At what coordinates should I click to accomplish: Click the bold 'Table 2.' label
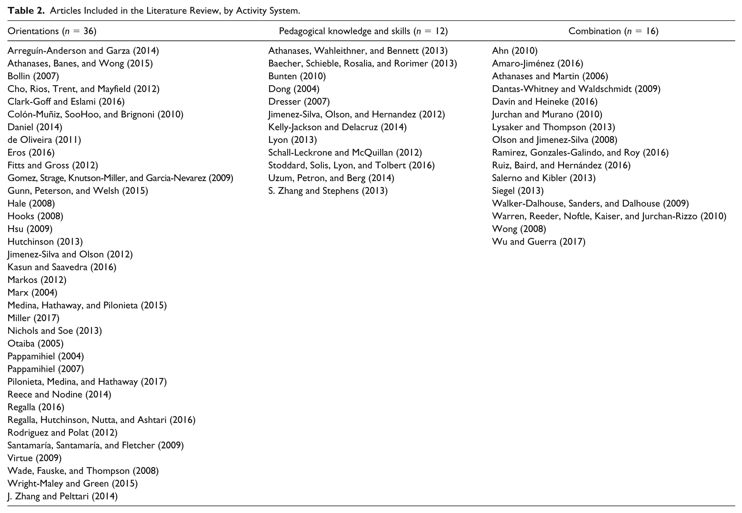26,11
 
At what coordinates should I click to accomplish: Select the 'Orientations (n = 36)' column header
52,31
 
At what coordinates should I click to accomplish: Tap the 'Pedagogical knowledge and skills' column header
345,31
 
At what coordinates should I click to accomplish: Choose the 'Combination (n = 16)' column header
613,31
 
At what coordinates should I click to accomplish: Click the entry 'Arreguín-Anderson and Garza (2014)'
83,51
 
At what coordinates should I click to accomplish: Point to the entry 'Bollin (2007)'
33,76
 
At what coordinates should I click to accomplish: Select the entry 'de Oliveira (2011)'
44,140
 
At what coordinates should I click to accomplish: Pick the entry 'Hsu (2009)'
30,229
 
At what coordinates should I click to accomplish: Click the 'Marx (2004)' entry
32,292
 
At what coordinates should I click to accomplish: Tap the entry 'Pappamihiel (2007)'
46,369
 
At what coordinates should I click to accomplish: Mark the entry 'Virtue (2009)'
34,458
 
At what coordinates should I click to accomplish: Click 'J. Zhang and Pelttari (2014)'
63,496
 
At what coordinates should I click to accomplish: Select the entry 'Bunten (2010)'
297,76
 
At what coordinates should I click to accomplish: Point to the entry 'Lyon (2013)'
293,140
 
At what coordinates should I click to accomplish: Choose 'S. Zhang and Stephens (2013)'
328,191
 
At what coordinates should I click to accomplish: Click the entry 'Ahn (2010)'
515,51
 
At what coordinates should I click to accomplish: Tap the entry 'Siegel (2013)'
518,191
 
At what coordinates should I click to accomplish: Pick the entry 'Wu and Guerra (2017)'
539,242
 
